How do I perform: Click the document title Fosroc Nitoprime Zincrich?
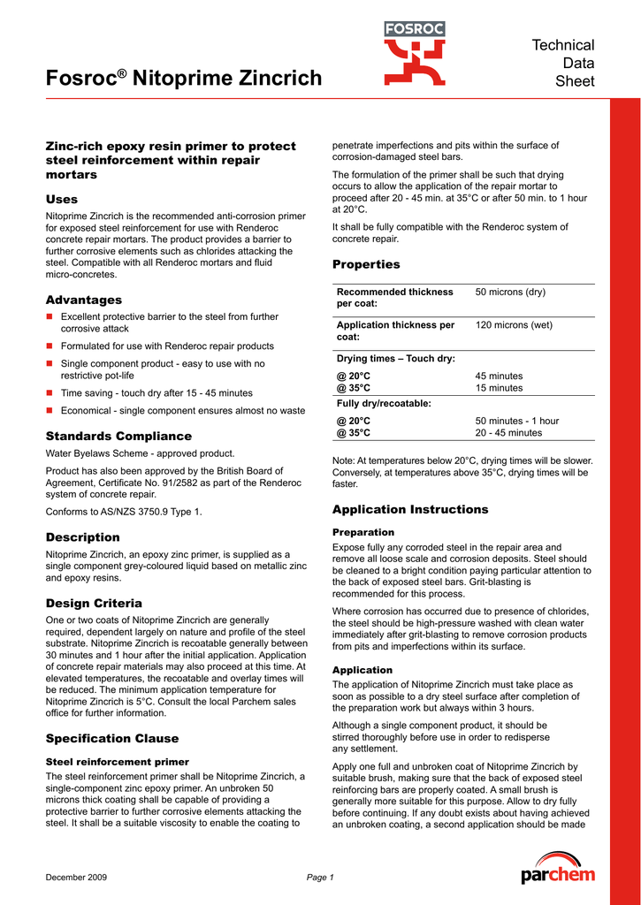point(184,79)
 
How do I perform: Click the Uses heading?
point(62,199)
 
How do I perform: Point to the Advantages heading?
point(84,300)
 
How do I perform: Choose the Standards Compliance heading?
point(118,436)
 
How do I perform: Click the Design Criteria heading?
point(94,603)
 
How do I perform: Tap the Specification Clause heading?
point(112,738)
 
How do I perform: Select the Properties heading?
point(366,264)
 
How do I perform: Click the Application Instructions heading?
point(410,509)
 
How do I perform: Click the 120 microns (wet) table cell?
point(514,325)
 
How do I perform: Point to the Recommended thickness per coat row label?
point(395,297)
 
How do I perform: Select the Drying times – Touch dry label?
point(396,359)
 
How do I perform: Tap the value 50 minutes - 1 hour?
point(517,421)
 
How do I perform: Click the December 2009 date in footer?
point(76,877)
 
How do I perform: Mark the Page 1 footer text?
point(319,877)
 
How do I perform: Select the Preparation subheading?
point(363,532)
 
